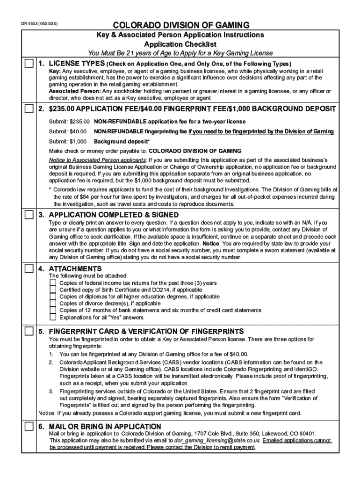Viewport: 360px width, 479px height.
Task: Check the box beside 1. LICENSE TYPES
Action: pyautogui.click(x=29, y=64)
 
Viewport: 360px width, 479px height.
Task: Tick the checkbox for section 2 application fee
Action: pyautogui.click(x=29, y=109)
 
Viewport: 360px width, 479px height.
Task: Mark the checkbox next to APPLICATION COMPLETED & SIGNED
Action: pyautogui.click(x=29, y=215)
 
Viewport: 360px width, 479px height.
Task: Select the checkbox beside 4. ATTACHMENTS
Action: pyautogui.click(x=29, y=269)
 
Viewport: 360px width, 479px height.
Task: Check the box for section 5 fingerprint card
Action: pyautogui.click(x=29, y=331)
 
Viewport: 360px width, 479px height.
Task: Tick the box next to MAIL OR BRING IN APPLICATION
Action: pyautogui.click(x=29, y=426)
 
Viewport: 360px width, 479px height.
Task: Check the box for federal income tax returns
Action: pyautogui.click(x=53, y=283)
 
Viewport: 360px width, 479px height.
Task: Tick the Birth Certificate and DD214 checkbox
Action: pyautogui.click(x=53, y=290)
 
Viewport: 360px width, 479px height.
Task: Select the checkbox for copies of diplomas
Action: pyautogui.click(x=53, y=297)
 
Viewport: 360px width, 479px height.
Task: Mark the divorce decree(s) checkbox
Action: pyautogui.click(x=53, y=304)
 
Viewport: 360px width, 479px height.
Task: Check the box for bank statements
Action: pyautogui.click(x=53, y=310)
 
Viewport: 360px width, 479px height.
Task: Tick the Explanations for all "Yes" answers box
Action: pyautogui.click(x=53, y=317)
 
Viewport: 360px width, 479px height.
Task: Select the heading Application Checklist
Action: pyautogui.click(x=180, y=44)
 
